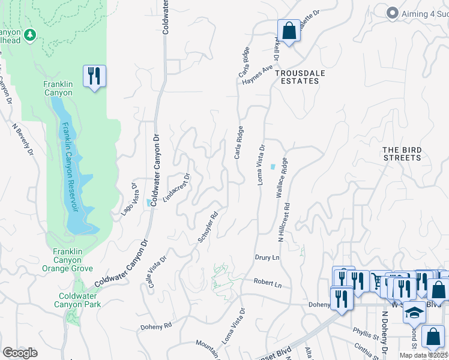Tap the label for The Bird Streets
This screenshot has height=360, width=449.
coord(402,154)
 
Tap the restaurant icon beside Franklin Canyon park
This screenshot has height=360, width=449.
coord(94,76)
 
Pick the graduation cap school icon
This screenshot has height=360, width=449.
coord(413,313)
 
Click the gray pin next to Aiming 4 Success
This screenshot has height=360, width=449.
coord(392,13)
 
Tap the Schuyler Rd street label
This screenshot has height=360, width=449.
coord(207,227)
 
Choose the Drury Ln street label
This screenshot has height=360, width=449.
coord(267,258)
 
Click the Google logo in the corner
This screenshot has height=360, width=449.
coord(20,352)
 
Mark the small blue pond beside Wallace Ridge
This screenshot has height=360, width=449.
coord(274,167)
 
